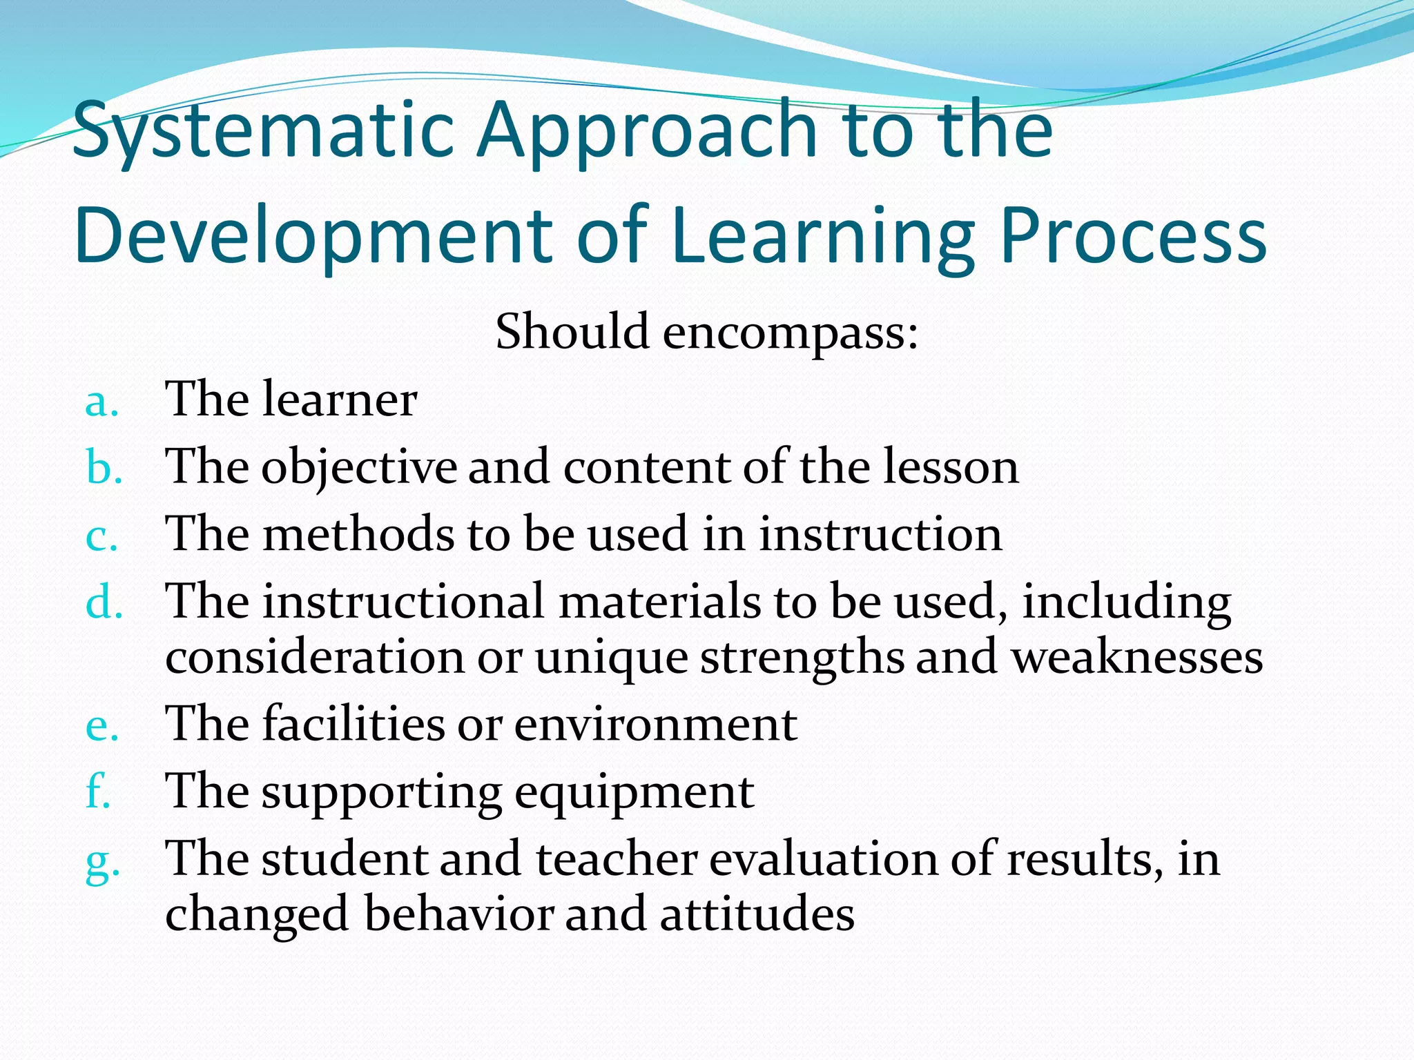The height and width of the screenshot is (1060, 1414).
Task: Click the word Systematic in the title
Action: tap(262, 131)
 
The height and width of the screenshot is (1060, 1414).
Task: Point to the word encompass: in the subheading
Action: tap(791, 333)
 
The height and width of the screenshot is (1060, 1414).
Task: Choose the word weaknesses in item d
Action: tap(1137, 657)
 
